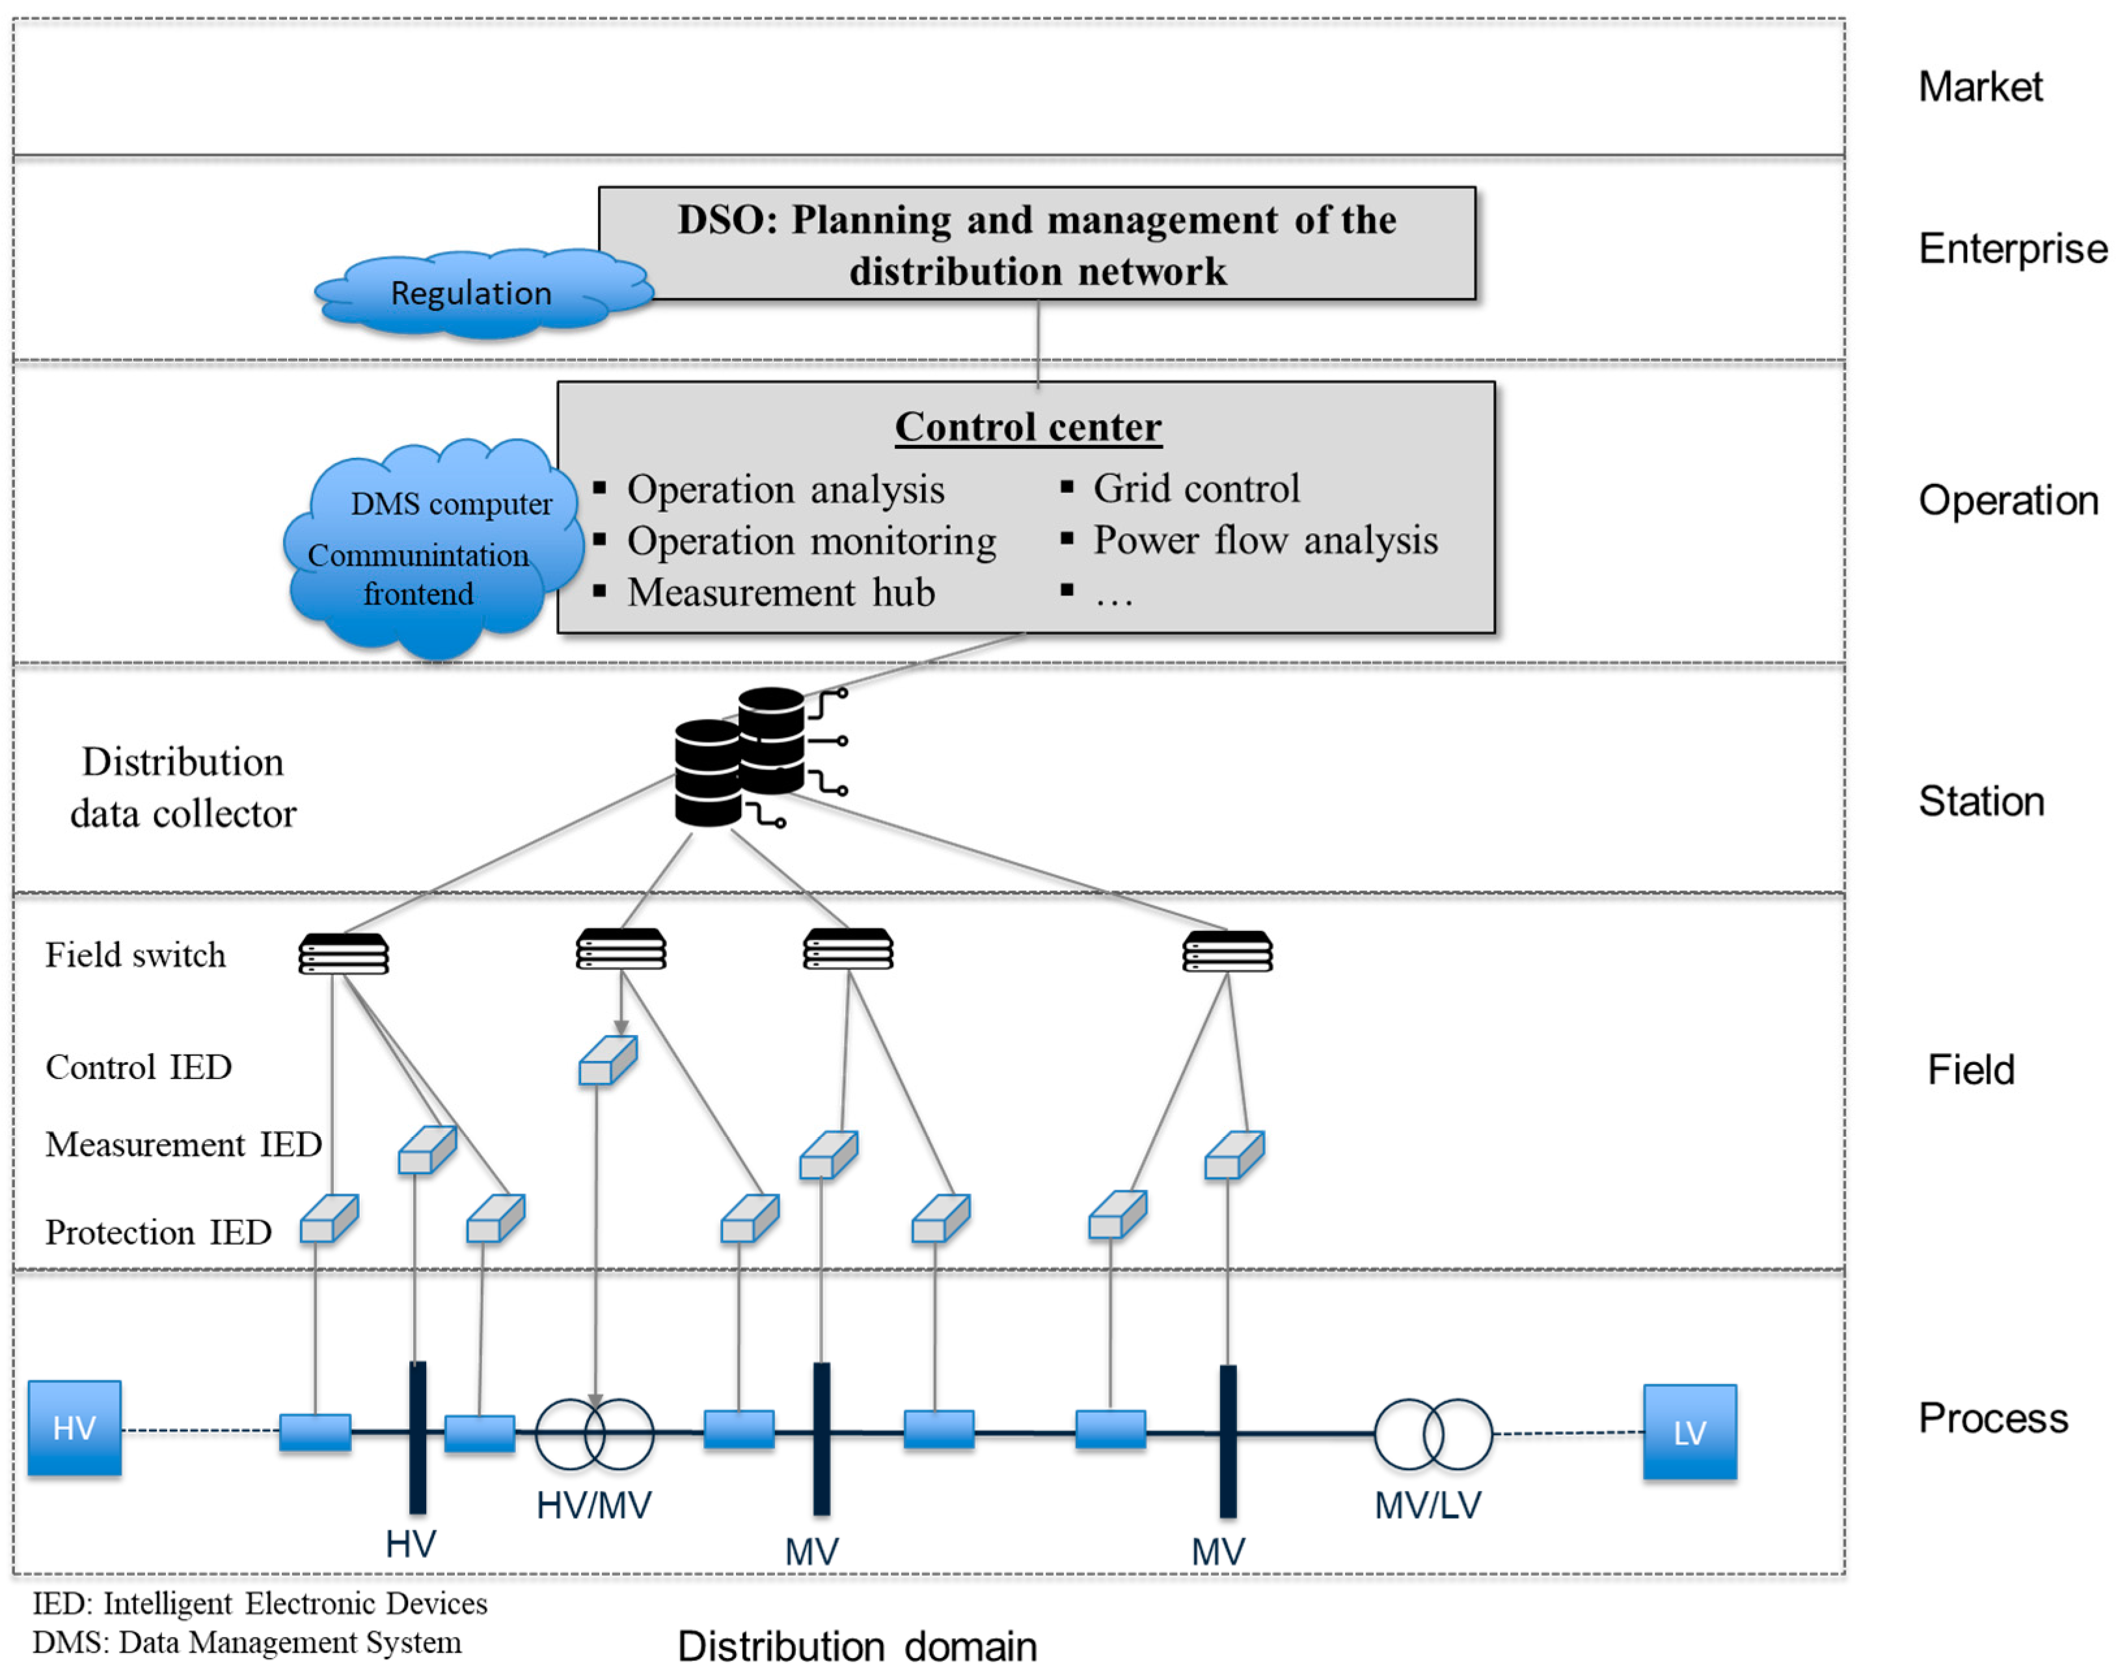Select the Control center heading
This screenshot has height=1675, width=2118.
click(1027, 427)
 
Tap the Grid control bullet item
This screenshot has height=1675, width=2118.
click(1196, 489)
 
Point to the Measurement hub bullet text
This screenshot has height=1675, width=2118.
click(781, 593)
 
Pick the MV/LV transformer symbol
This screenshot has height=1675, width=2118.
click(1432, 1434)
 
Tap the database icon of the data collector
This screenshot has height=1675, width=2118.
click(740, 756)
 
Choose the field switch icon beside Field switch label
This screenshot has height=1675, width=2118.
click(344, 953)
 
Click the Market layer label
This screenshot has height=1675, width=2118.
click(1979, 87)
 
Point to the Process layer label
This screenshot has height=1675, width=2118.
click(1992, 1418)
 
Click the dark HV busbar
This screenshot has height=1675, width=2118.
click(417, 1437)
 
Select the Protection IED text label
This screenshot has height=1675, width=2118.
click(158, 1232)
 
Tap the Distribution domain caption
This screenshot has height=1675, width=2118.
click(856, 1646)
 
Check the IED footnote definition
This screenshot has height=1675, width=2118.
click(260, 1603)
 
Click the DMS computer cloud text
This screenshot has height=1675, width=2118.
click(452, 504)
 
